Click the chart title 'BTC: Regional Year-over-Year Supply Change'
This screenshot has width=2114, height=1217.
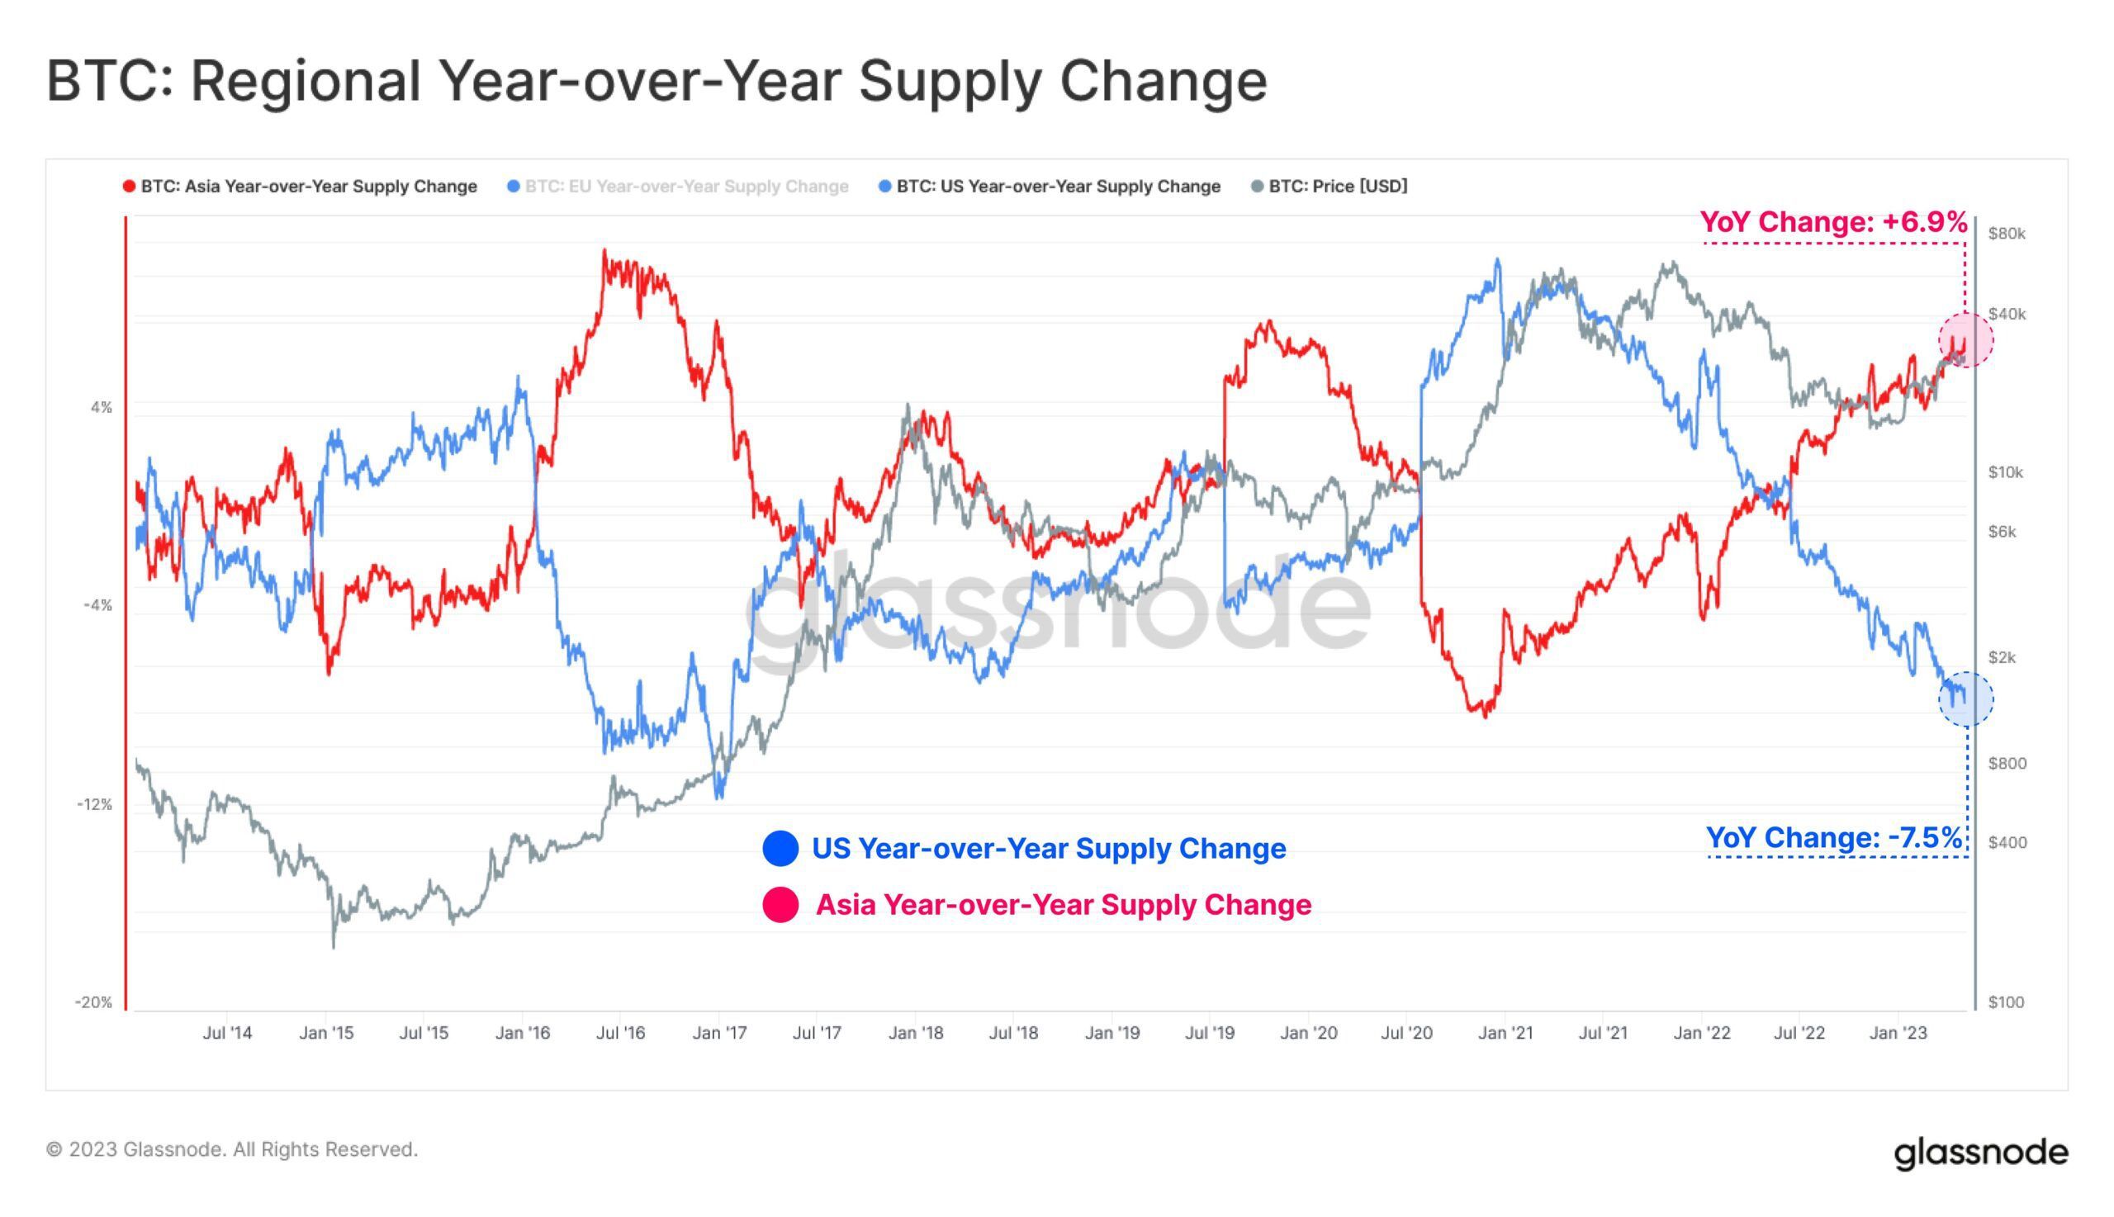click(656, 81)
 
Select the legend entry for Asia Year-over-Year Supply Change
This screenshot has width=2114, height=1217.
click(308, 187)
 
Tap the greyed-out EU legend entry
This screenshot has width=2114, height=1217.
click(685, 187)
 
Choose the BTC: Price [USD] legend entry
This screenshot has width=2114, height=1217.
click(1337, 187)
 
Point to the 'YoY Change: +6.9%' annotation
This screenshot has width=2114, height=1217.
click(1833, 222)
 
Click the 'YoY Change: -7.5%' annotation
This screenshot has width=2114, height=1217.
click(1833, 837)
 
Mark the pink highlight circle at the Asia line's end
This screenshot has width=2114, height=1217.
click(1965, 340)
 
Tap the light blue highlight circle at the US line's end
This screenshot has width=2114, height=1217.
click(1965, 698)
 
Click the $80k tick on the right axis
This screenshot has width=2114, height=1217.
click(2006, 234)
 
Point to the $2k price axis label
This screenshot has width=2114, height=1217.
click(2003, 658)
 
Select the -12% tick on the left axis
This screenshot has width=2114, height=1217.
click(94, 805)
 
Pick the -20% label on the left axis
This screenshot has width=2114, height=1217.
click(93, 1002)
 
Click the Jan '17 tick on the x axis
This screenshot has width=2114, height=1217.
click(719, 1033)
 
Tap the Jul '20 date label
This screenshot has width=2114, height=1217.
click(1407, 1033)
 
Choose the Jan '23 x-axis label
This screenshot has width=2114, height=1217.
click(1898, 1033)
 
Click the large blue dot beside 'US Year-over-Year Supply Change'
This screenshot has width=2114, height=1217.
click(780, 849)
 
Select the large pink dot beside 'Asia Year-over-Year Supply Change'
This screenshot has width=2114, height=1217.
click(780, 905)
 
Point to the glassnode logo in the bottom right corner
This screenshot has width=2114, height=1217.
click(1980, 1153)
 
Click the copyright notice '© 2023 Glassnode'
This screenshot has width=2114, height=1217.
click(231, 1150)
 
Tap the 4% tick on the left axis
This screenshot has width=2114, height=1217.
click(101, 408)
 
